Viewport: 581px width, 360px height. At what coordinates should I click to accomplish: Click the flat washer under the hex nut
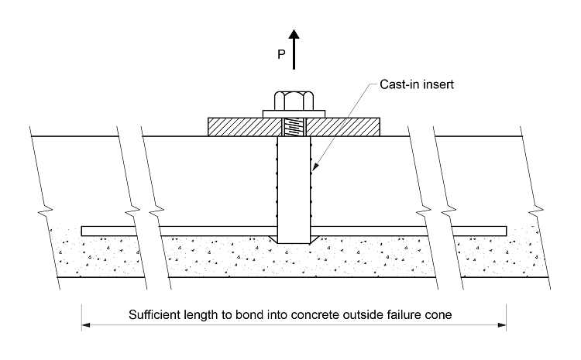pos(294,114)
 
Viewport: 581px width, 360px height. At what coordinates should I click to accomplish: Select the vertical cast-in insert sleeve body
pos(294,186)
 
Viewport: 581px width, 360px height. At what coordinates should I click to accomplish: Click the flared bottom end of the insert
pos(294,241)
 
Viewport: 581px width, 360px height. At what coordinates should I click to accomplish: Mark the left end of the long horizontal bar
pos(84,231)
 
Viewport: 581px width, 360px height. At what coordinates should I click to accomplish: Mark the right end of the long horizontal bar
pos(504,231)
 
